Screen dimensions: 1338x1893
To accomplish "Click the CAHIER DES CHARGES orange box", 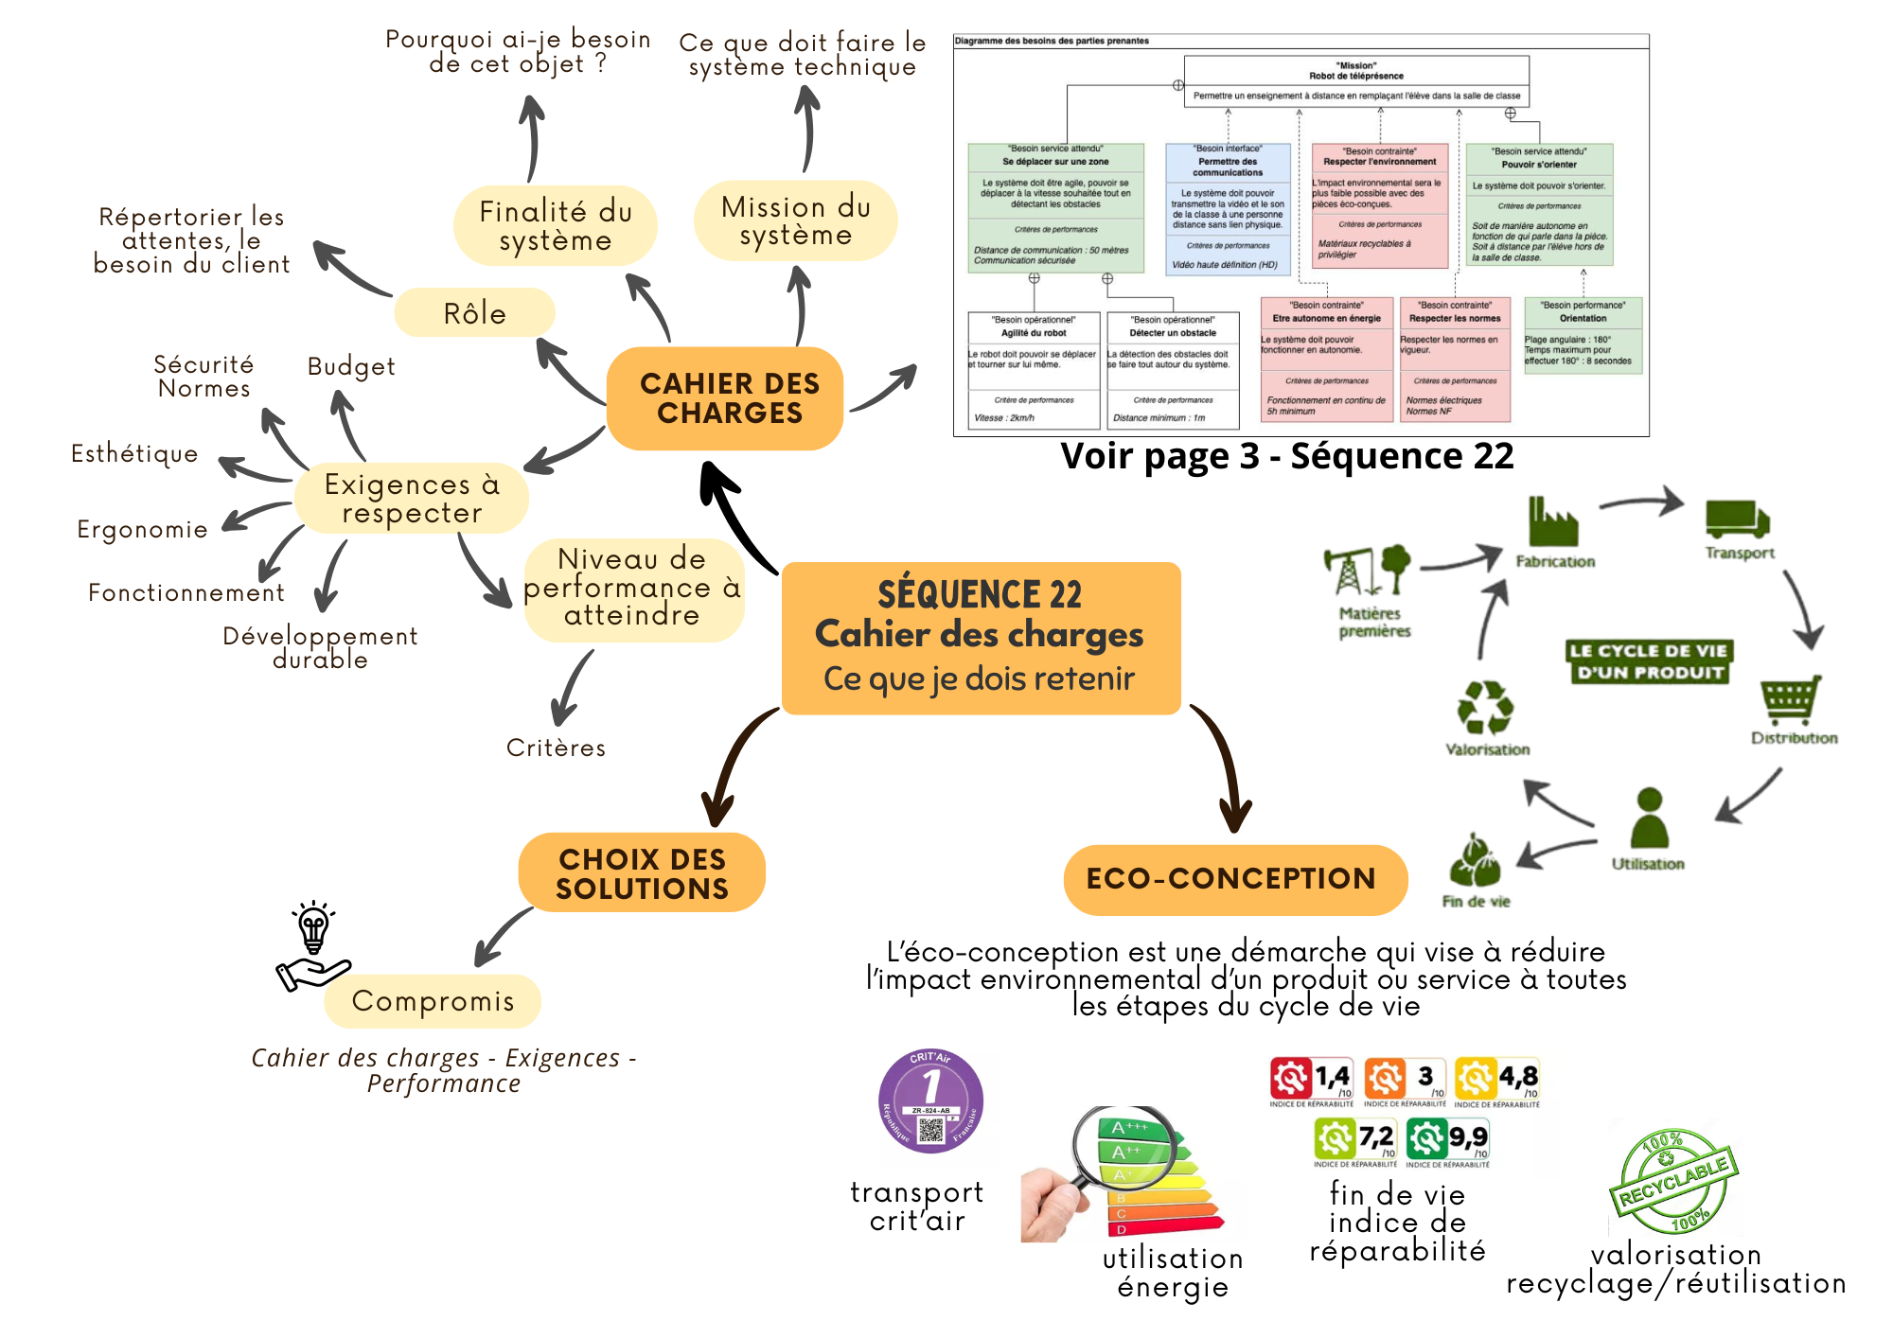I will coord(726,398).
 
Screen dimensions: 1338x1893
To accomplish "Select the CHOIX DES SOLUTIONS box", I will coord(642,873).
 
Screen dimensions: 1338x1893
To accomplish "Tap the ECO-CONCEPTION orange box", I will coord(1234,879).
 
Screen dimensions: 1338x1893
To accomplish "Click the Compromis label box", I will coord(433,1001).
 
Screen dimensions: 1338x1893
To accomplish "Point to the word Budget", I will coord(351,366).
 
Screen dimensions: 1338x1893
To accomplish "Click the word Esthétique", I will coord(134,453).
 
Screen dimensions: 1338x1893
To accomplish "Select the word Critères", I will coord(556,748).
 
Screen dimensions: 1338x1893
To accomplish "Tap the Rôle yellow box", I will coord(474,313).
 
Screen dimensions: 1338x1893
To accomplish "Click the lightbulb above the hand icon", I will coord(313,927).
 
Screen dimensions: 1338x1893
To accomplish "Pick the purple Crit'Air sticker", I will coord(930,1101).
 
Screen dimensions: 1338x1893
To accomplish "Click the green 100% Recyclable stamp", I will coord(1673,1181).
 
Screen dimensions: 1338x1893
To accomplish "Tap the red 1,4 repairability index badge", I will coord(1311,1079).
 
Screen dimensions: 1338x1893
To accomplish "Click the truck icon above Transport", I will coord(1737,519).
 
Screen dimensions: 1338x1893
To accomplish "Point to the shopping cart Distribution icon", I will coord(1790,699).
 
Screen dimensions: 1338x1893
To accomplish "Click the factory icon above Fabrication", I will coord(1552,523).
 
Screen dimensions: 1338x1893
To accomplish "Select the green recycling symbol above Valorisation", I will coord(1485,708).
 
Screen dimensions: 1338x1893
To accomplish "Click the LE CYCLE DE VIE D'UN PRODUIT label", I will coord(1649,661).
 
